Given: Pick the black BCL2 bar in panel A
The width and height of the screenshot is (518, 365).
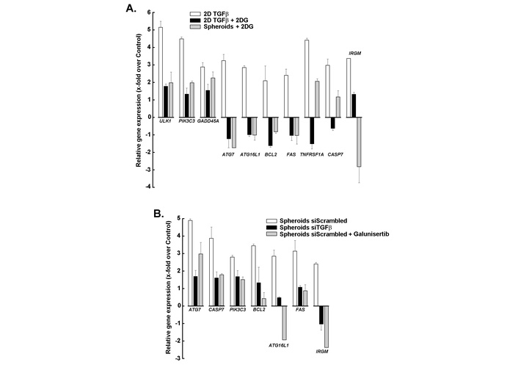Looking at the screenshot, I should coord(249,131).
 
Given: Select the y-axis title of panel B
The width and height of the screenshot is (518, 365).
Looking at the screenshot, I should coord(169,288).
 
